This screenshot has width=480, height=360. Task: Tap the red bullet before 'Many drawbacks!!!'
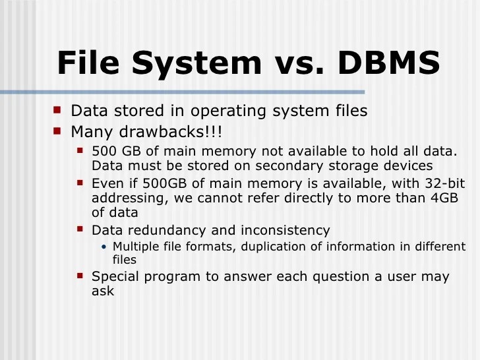57,129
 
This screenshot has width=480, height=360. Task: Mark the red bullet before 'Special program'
80,275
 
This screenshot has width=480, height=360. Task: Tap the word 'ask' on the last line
102,291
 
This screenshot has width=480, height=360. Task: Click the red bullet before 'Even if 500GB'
80,181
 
